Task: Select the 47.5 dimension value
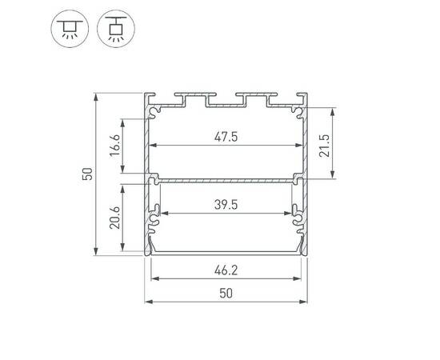[226, 136]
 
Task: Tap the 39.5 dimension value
[226, 204]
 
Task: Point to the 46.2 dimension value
[226, 270]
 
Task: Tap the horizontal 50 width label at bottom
[226, 294]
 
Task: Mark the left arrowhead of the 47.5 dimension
[153, 146]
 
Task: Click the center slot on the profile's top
[226, 100]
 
